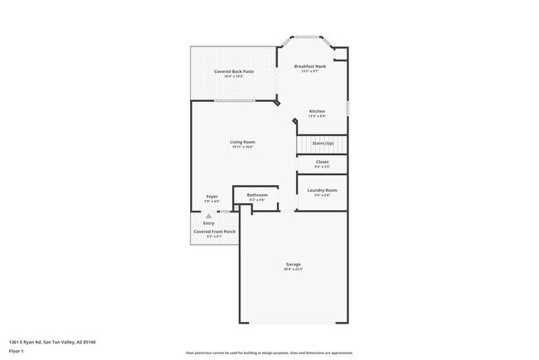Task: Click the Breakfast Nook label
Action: (x=311, y=66)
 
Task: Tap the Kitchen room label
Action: (x=317, y=111)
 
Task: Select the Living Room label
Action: (x=242, y=142)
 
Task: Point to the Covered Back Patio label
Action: (x=233, y=72)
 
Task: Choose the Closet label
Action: (x=322, y=162)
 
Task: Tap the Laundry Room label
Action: (x=322, y=190)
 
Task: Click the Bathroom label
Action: (x=256, y=194)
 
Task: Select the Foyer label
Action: (x=212, y=197)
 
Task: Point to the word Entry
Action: (x=208, y=223)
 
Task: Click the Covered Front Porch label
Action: (x=214, y=231)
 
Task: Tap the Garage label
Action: (x=294, y=265)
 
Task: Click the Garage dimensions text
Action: (x=294, y=270)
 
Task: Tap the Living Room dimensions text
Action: (x=242, y=147)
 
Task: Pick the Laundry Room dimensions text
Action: (x=322, y=195)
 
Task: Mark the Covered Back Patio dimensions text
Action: (x=233, y=77)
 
